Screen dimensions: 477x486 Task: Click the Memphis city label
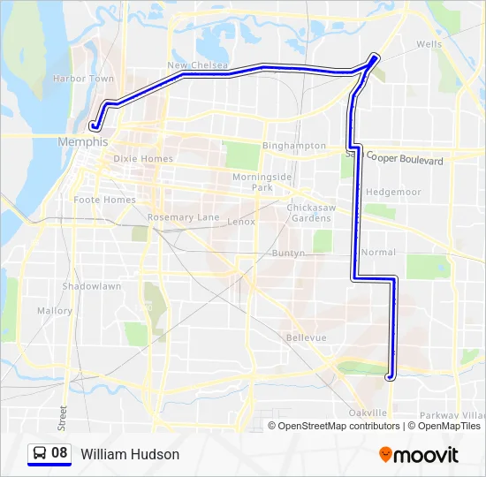pos(82,141)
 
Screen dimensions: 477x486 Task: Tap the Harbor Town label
pos(83,79)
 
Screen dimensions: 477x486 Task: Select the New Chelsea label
pos(198,65)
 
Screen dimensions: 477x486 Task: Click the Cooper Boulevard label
pos(405,160)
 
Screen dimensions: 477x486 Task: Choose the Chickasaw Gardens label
pos(308,213)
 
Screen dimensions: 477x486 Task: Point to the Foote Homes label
pos(105,200)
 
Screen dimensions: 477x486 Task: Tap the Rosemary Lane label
pos(183,217)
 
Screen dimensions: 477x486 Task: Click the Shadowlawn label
pos(91,287)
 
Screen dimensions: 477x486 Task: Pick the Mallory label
pos(55,311)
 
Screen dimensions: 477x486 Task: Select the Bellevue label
pos(307,338)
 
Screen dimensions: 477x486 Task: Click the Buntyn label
pos(288,253)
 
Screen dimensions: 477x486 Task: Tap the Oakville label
pos(368,413)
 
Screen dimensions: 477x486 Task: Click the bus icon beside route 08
pos(40,454)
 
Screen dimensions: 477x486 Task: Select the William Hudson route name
pos(130,454)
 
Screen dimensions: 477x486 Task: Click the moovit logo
pos(420,455)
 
